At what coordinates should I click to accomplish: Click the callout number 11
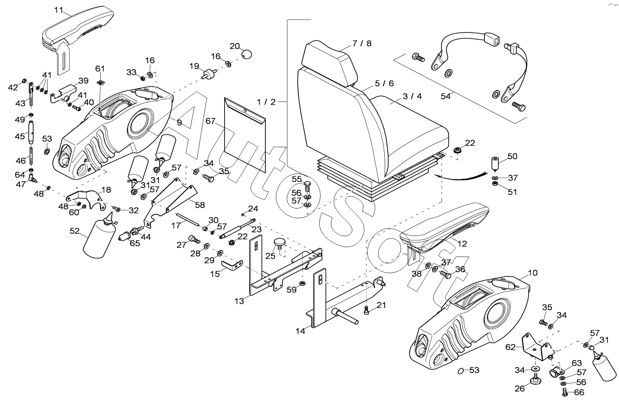click(x=59, y=9)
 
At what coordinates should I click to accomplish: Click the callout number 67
click(x=211, y=121)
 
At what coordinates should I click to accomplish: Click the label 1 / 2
click(x=266, y=102)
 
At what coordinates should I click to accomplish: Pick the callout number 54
click(x=445, y=96)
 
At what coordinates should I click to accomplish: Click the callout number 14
click(x=301, y=331)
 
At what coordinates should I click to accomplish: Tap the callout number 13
click(x=239, y=301)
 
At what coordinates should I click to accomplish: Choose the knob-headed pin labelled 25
click(x=279, y=243)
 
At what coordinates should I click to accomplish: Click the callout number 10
click(x=532, y=273)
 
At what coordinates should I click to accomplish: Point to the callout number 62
click(x=510, y=347)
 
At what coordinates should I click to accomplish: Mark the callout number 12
click(x=462, y=244)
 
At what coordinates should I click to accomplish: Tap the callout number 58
click(x=200, y=205)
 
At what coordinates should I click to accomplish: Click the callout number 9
click(x=179, y=122)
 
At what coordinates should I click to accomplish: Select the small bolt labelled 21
click(x=367, y=312)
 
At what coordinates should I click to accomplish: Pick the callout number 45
click(x=20, y=136)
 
